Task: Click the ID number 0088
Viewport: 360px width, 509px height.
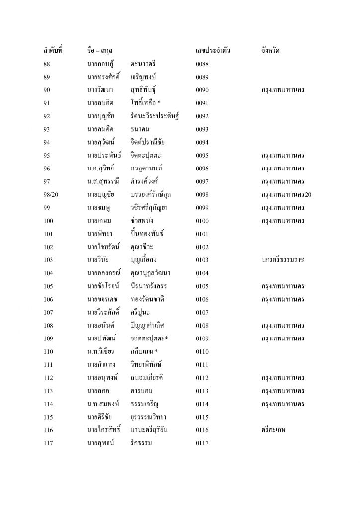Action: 203,64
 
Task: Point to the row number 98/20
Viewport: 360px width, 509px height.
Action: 52,194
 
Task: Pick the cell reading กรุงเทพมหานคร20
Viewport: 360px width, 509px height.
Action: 286,194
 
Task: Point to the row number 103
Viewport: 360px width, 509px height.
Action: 48,260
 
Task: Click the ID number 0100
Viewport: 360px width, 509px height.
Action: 203,221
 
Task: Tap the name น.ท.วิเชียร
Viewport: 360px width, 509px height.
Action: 101,351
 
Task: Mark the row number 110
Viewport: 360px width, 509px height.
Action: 48,351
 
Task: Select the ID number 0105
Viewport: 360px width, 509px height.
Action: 203,286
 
